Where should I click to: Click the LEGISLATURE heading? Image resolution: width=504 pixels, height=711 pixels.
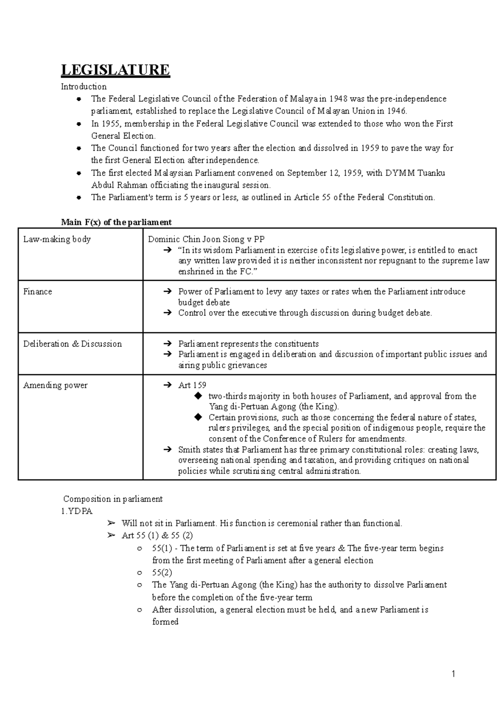pos(115,70)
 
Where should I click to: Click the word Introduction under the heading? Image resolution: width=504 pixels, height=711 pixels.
pos(84,86)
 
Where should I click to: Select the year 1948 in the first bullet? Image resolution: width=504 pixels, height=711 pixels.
pos(338,99)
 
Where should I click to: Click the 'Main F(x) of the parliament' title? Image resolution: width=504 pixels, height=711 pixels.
pos(116,222)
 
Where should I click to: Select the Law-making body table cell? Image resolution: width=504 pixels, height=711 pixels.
pos(57,239)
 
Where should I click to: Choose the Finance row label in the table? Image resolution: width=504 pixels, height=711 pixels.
pos(38,292)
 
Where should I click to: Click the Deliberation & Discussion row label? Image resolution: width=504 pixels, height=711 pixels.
pos(73,344)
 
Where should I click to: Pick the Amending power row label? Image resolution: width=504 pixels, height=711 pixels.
pos(55,385)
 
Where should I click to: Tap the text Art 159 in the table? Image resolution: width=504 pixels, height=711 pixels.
pos(192,385)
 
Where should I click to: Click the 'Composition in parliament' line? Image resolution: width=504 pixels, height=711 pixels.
pos(113,499)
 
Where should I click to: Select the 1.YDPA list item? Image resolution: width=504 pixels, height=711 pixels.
pos(77,511)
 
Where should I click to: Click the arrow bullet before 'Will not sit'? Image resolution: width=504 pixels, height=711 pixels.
pos(111,523)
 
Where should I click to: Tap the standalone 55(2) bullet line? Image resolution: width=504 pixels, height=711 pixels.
pos(162,572)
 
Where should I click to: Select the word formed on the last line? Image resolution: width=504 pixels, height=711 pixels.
pos(165,622)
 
